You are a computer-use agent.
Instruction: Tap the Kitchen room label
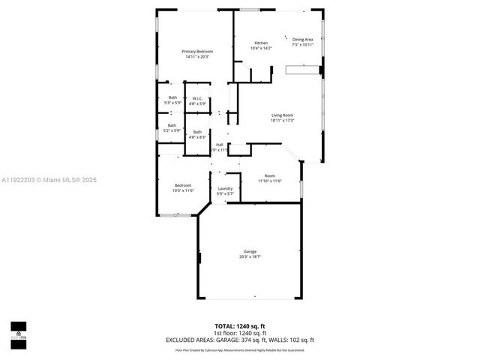point(261,43)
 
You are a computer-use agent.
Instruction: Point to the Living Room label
point(282,115)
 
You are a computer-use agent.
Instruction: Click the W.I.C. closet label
point(196,98)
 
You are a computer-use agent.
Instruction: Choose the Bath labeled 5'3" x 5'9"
point(172,97)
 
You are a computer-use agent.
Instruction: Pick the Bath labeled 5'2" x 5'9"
point(172,125)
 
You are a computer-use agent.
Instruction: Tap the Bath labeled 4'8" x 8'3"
point(196,132)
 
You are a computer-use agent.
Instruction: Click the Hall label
point(219,144)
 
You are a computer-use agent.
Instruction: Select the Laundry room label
point(225,188)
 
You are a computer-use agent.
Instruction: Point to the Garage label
point(250,251)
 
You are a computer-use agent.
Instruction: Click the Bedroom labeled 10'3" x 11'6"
point(183,185)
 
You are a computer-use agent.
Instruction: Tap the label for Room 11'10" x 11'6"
point(269,175)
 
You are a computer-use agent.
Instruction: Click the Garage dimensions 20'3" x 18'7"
point(250,256)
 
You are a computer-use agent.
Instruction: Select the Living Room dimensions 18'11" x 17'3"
point(282,120)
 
